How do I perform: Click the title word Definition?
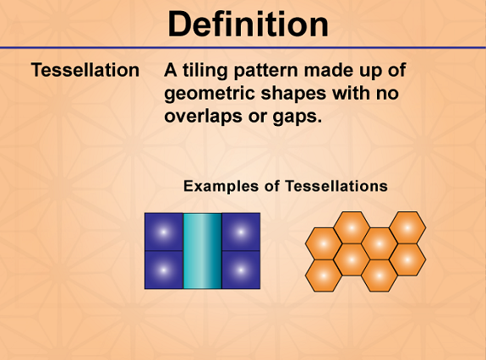click(248, 25)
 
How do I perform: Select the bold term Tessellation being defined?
click(85, 70)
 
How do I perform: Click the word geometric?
click(210, 94)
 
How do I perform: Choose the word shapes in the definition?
click(293, 94)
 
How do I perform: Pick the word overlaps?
click(204, 117)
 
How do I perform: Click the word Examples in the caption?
click(221, 187)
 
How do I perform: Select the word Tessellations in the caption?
click(336, 186)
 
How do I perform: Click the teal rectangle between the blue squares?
click(202, 251)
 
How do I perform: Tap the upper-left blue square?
click(164, 232)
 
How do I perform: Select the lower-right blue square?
click(241, 270)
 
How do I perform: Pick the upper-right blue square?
click(241, 232)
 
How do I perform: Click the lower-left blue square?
click(164, 270)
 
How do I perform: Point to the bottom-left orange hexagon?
click(324, 275)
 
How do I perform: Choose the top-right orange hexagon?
click(407, 227)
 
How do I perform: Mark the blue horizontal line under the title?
click(243, 47)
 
